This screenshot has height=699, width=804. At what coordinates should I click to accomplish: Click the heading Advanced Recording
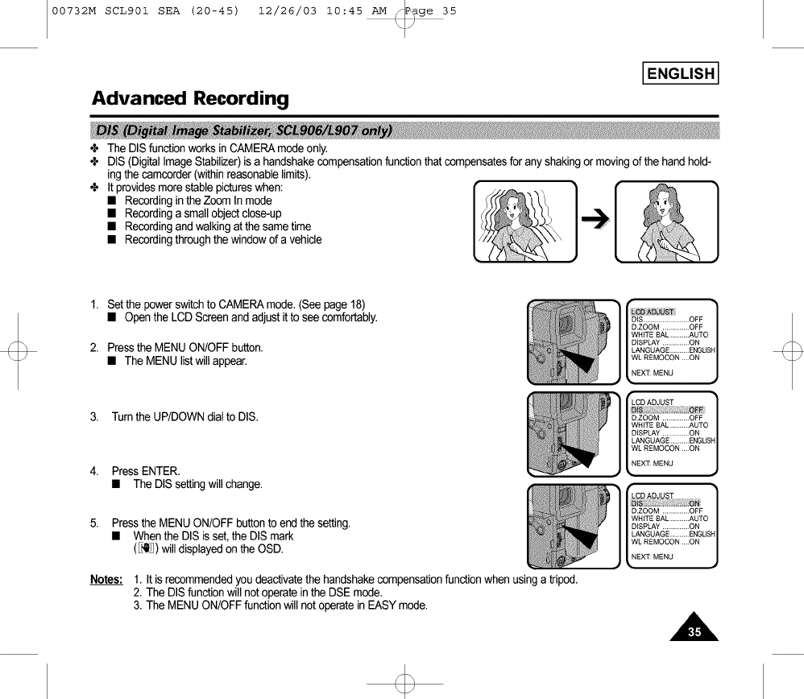click(x=190, y=99)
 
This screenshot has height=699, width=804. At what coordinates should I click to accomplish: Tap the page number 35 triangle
click(x=694, y=630)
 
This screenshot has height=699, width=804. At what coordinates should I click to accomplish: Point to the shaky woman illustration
click(x=525, y=221)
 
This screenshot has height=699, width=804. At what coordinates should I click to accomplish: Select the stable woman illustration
click(x=665, y=221)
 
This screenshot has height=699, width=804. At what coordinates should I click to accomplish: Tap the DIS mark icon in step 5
click(x=146, y=549)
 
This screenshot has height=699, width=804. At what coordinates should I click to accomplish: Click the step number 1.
click(x=94, y=304)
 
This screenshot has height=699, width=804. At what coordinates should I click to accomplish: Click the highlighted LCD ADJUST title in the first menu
click(x=653, y=312)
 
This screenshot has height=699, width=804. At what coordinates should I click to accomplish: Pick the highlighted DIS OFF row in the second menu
click(x=668, y=410)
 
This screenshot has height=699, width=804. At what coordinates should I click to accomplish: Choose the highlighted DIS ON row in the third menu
click(x=668, y=503)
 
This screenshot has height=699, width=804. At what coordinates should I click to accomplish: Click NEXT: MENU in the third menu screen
click(x=652, y=556)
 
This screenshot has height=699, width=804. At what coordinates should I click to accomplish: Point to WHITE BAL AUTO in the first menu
click(x=669, y=335)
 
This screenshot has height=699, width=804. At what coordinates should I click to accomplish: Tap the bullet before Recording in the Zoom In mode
click(x=114, y=201)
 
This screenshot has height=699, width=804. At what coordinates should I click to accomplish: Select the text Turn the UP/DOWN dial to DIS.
click(x=184, y=417)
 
